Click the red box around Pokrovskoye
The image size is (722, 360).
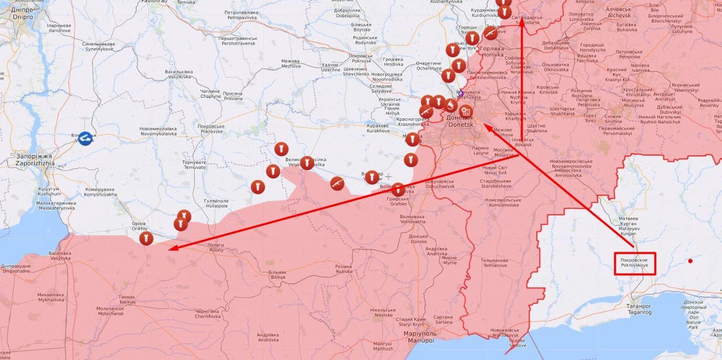tap(635, 263)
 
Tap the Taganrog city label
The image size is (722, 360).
tap(639, 309)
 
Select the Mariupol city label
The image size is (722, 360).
tap(420, 336)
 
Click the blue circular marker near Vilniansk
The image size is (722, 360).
tap(85, 138)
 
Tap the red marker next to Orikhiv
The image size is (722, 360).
tap(146, 239)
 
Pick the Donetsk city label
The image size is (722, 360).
tap(459, 121)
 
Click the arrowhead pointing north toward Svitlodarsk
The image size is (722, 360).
tap(522, 24)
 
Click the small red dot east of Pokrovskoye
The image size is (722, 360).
tap(690, 261)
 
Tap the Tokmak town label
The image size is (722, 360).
tap(127, 300)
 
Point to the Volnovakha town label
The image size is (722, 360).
tap(412, 219)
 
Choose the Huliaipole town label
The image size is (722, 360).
tap(217, 204)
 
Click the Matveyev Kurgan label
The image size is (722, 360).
tap(628, 223)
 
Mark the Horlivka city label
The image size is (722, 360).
tap(492, 51)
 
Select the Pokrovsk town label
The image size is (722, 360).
tap(360, 58)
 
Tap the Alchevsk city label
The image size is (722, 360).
tap(619, 12)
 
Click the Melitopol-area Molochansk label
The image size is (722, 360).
tap(110, 312)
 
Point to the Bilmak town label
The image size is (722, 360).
tap(277, 275)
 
